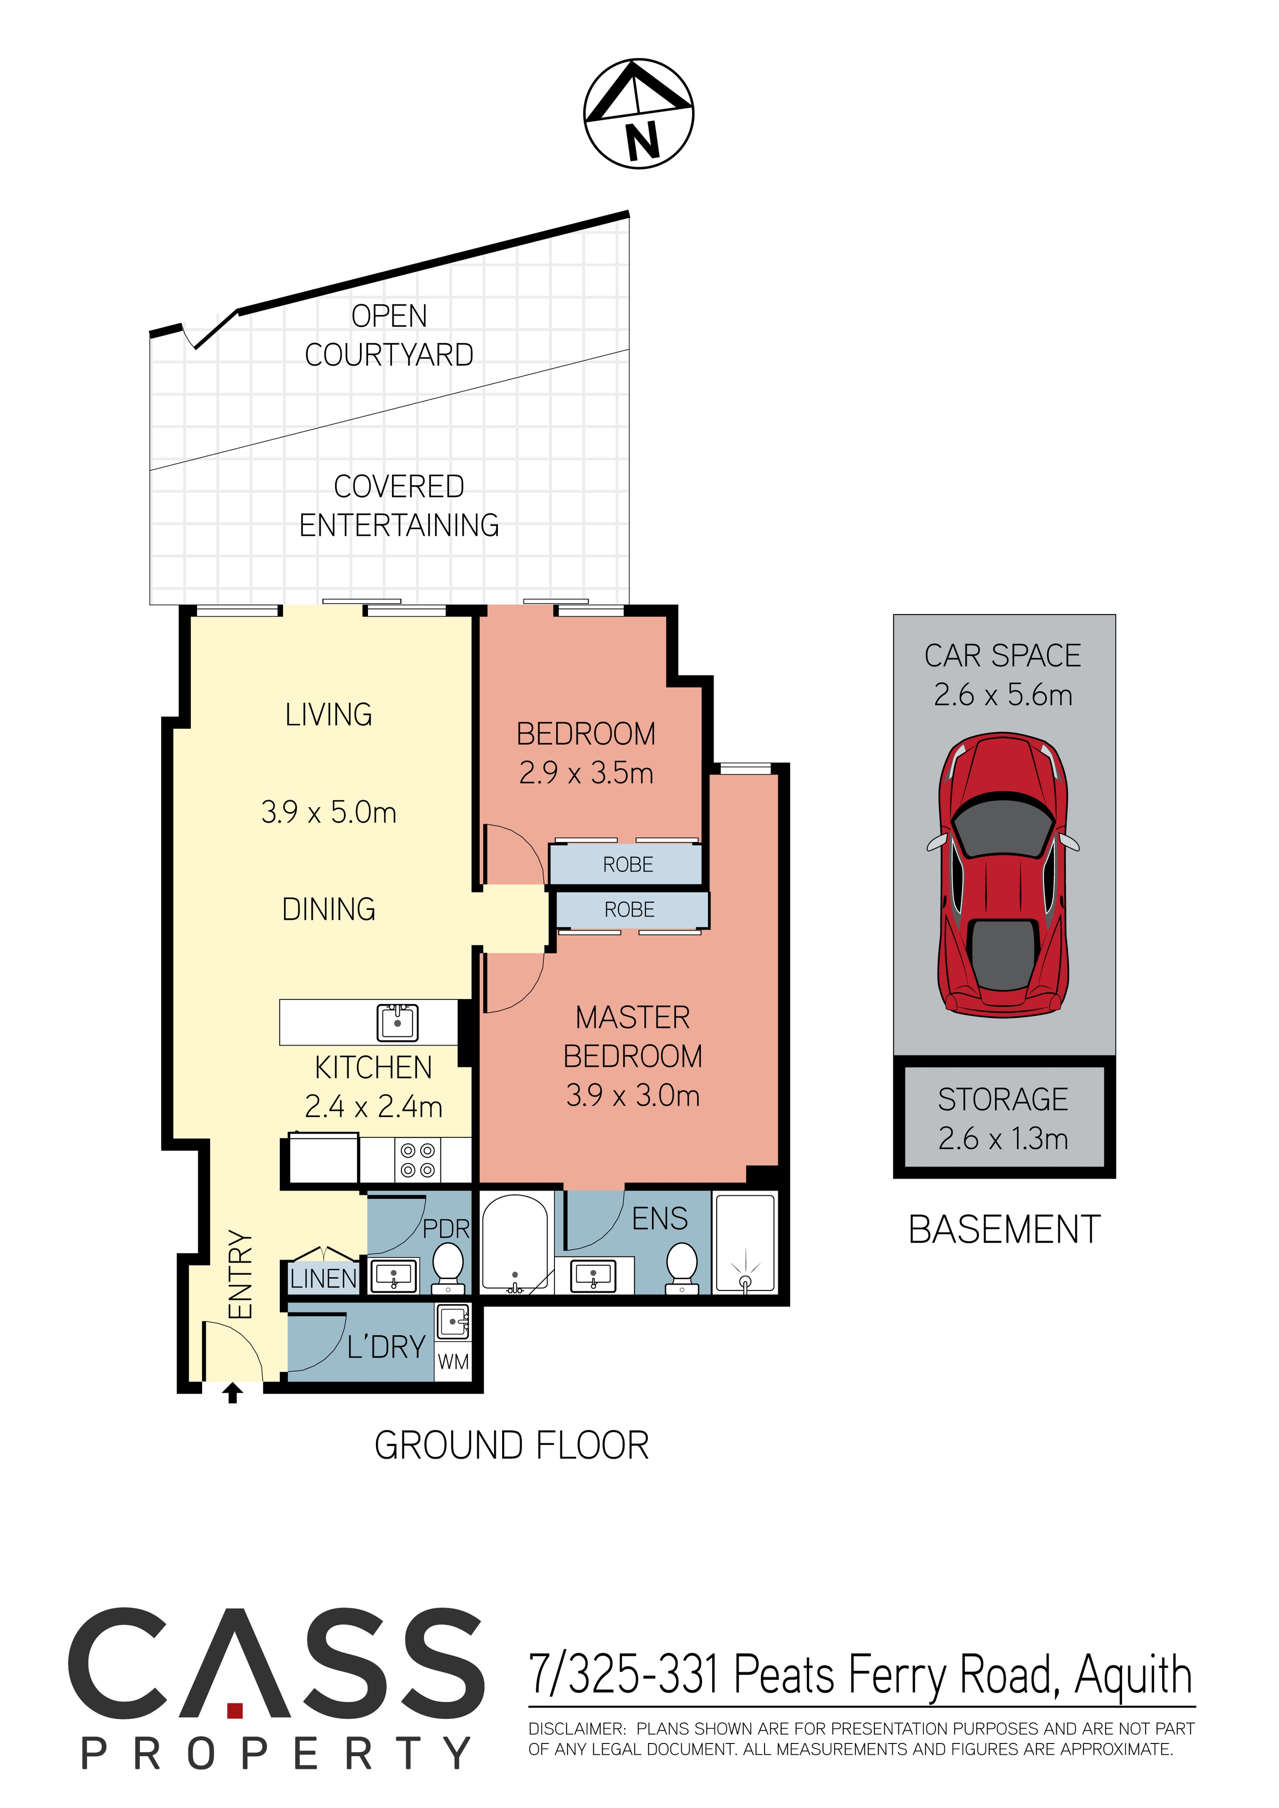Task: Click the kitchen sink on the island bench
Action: coord(398,1023)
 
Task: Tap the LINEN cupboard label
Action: coord(323,1279)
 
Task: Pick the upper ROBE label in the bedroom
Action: coord(627,865)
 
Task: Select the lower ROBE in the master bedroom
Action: coord(629,909)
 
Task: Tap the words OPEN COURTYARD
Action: coord(389,335)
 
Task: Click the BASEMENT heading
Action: coord(1004,1230)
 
